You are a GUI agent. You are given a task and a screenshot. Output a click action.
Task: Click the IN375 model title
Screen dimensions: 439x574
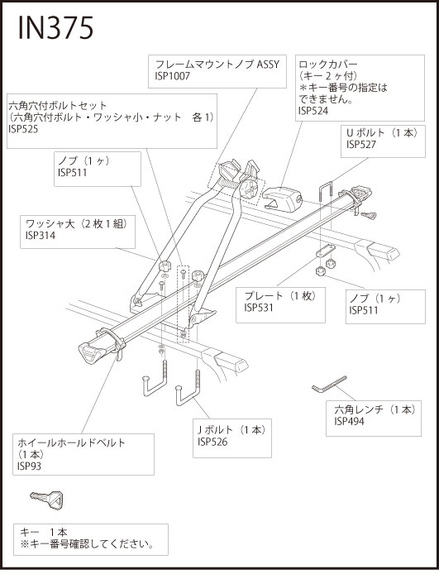tap(55, 28)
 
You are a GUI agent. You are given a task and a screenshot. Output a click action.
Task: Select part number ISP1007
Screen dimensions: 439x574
tap(172, 76)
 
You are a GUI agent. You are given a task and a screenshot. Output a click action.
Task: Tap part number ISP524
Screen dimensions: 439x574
tap(313, 111)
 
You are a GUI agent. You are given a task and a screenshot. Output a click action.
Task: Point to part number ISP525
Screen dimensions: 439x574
tap(23, 129)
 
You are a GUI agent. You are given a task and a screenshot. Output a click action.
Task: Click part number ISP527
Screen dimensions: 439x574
tap(361, 145)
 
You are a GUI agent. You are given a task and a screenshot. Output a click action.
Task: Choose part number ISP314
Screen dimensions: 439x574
tap(41, 236)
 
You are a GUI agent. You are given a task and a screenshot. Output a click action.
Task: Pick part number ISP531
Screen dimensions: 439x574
tap(259, 308)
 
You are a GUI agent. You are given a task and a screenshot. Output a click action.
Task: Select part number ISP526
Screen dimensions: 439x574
tap(212, 442)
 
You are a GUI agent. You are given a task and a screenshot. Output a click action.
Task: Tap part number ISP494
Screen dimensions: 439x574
tap(349, 421)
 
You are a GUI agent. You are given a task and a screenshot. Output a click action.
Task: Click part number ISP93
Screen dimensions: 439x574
tap(29, 466)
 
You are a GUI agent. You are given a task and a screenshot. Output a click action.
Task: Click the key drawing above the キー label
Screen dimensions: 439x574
tap(47, 500)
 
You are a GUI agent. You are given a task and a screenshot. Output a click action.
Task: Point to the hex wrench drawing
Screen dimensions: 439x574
tap(328, 385)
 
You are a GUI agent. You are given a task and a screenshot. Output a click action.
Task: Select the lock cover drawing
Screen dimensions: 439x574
tap(283, 199)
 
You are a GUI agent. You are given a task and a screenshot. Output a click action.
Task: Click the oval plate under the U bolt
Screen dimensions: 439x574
tap(325, 252)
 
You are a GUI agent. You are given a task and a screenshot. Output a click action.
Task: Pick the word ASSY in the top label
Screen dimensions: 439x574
tap(268, 65)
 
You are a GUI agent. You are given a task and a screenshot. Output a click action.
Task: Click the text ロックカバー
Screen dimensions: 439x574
tap(328, 65)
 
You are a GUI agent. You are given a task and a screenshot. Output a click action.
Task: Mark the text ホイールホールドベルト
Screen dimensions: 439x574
tap(71, 442)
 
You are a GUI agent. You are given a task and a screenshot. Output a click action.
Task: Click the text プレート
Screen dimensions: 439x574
tap(264, 296)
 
